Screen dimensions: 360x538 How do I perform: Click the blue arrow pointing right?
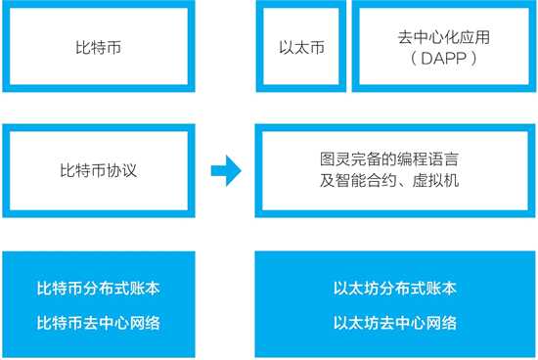(x=226, y=171)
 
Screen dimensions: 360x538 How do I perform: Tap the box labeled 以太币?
(x=297, y=45)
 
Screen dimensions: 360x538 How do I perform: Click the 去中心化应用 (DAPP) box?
(x=442, y=45)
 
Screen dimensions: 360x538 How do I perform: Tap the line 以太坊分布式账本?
(x=394, y=290)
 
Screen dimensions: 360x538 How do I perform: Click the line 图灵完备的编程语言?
(x=394, y=160)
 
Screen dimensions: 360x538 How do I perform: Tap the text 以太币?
(x=297, y=46)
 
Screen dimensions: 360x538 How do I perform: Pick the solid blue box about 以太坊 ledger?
(x=394, y=306)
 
